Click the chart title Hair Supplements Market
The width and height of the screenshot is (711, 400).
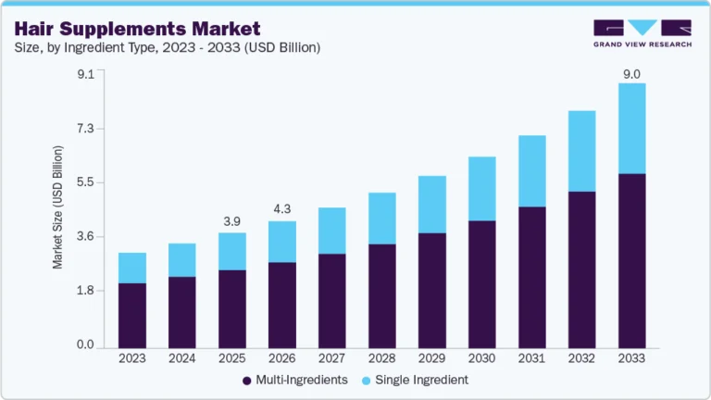tap(137, 28)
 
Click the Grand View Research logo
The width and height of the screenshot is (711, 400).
tap(642, 33)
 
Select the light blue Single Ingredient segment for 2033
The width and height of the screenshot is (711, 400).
tap(631, 128)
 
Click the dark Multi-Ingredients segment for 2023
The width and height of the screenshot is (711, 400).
tap(132, 315)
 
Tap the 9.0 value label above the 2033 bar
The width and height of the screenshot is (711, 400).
tap(631, 72)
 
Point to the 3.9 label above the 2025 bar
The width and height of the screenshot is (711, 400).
tap(232, 222)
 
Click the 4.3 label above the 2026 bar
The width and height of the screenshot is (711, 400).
tap(282, 210)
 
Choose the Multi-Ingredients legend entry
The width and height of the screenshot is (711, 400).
tap(293, 380)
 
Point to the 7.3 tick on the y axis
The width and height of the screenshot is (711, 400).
tap(85, 129)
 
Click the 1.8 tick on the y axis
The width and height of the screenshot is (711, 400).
tap(85, 291)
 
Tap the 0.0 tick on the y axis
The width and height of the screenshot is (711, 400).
tap(85, 345)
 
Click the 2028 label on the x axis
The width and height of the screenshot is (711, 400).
tap(382, 358)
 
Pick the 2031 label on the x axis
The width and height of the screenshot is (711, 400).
tap(531, 358)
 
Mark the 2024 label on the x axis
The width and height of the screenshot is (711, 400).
tap(182, 358)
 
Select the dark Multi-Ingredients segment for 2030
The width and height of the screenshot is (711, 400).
tap(481, 283)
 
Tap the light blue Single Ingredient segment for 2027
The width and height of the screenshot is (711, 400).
tap(332, 231)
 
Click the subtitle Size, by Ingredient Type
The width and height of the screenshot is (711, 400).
tap(167, 48)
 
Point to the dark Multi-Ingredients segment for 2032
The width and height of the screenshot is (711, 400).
tap(581, 269)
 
